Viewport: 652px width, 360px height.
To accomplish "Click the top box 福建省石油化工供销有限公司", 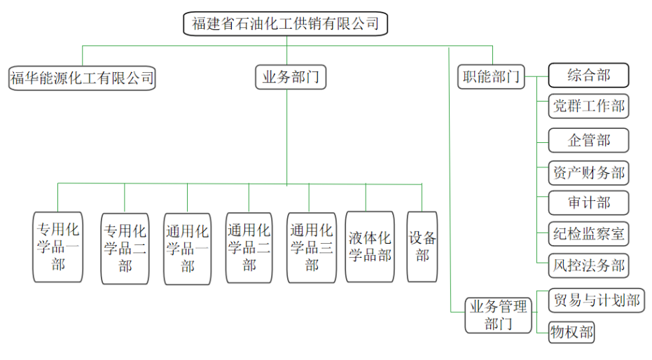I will tap(286, 24).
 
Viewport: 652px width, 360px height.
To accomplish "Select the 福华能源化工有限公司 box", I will tap(81, 78).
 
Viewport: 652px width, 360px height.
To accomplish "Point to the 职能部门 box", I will tap(492, 76).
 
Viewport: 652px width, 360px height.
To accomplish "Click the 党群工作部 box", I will tap(588, 106).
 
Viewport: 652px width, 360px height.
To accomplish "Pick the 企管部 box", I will tap(588, 140).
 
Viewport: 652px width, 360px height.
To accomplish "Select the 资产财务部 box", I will tap(588, 172).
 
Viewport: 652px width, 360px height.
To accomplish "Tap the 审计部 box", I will tap(588, 203).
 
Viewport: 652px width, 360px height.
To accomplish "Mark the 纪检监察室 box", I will tap(588, 234).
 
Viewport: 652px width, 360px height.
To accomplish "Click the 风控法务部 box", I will tap(588, 266).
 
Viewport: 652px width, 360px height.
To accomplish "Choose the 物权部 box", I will tap(571, 332).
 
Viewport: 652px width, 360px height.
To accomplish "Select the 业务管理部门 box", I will tap(498, 315).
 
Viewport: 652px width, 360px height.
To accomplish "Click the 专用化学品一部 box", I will tap(58, 247).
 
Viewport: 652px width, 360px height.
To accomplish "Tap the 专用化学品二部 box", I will tap(125, 248).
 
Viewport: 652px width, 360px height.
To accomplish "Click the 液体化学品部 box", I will tap(370, 247).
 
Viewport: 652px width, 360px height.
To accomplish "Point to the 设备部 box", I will tap(422, 247).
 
